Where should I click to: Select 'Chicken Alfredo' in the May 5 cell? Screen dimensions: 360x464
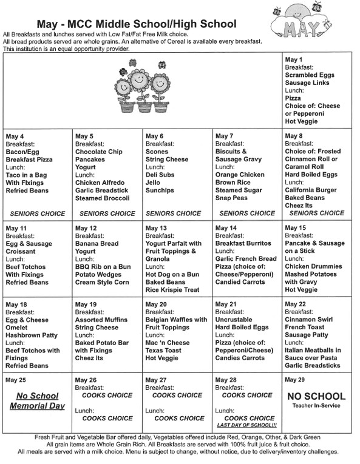(x=100, y=183)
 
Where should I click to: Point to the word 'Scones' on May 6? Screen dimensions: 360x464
(x=157, y=151)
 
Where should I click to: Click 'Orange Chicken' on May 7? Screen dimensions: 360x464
(x=240, y=175)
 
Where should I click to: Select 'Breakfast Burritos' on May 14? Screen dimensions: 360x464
(x=243, y=243)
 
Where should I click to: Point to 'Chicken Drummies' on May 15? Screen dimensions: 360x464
(x=313, y=266)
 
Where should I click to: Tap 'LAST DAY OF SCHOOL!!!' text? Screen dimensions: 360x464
(x=246, y=425)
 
